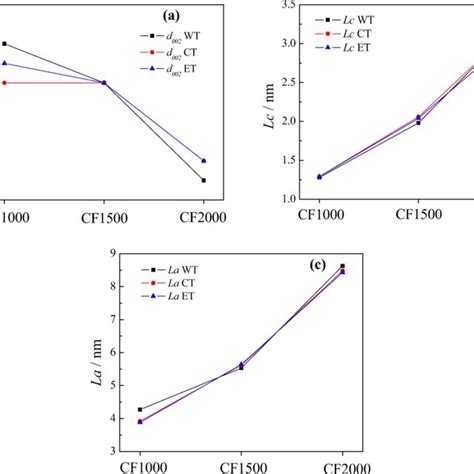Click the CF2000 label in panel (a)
point(204,216)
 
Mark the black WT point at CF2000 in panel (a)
point(204,180)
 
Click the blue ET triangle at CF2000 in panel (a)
point(204,160)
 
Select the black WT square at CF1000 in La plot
point(140,409)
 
